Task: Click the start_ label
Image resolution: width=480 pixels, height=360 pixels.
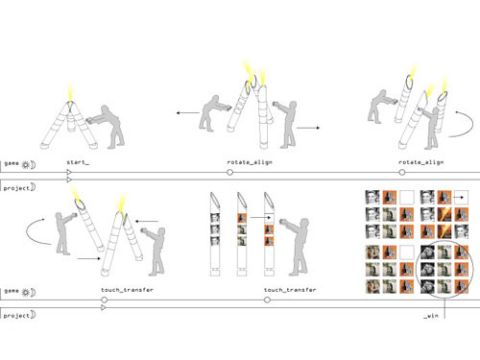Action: (x=78, y=162)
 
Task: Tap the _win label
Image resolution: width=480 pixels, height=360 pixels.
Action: (x=431, y=316)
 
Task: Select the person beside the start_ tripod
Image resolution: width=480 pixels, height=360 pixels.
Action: (x=106, y=127)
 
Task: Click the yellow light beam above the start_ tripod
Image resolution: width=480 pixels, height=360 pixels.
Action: (x=70, y=92)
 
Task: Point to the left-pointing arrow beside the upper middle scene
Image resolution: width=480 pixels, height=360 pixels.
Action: (x=188, y=112)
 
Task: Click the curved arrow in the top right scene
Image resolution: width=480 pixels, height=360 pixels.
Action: (x=468, y=127)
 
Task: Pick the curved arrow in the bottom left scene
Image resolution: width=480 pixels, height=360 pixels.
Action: (x=33, y=233)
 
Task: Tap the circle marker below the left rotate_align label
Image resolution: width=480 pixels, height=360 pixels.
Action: (x=229, y=173)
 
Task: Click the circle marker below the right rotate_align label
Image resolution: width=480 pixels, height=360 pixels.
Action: (x=402, y=173)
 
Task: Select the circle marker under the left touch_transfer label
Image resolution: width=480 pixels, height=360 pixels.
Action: (x=104, y=300)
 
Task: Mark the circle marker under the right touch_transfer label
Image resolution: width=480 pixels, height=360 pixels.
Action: (x=267, y=300)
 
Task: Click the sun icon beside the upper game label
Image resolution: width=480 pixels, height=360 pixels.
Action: (x=25, y=165)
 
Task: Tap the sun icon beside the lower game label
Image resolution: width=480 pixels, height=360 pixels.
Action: (x=25, y=292)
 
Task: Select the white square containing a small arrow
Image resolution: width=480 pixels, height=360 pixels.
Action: (x=461, y=198)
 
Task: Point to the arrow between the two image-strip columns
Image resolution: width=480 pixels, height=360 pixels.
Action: (x=260, y=218)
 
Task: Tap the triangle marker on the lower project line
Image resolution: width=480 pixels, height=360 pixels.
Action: (x=104, y=307)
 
